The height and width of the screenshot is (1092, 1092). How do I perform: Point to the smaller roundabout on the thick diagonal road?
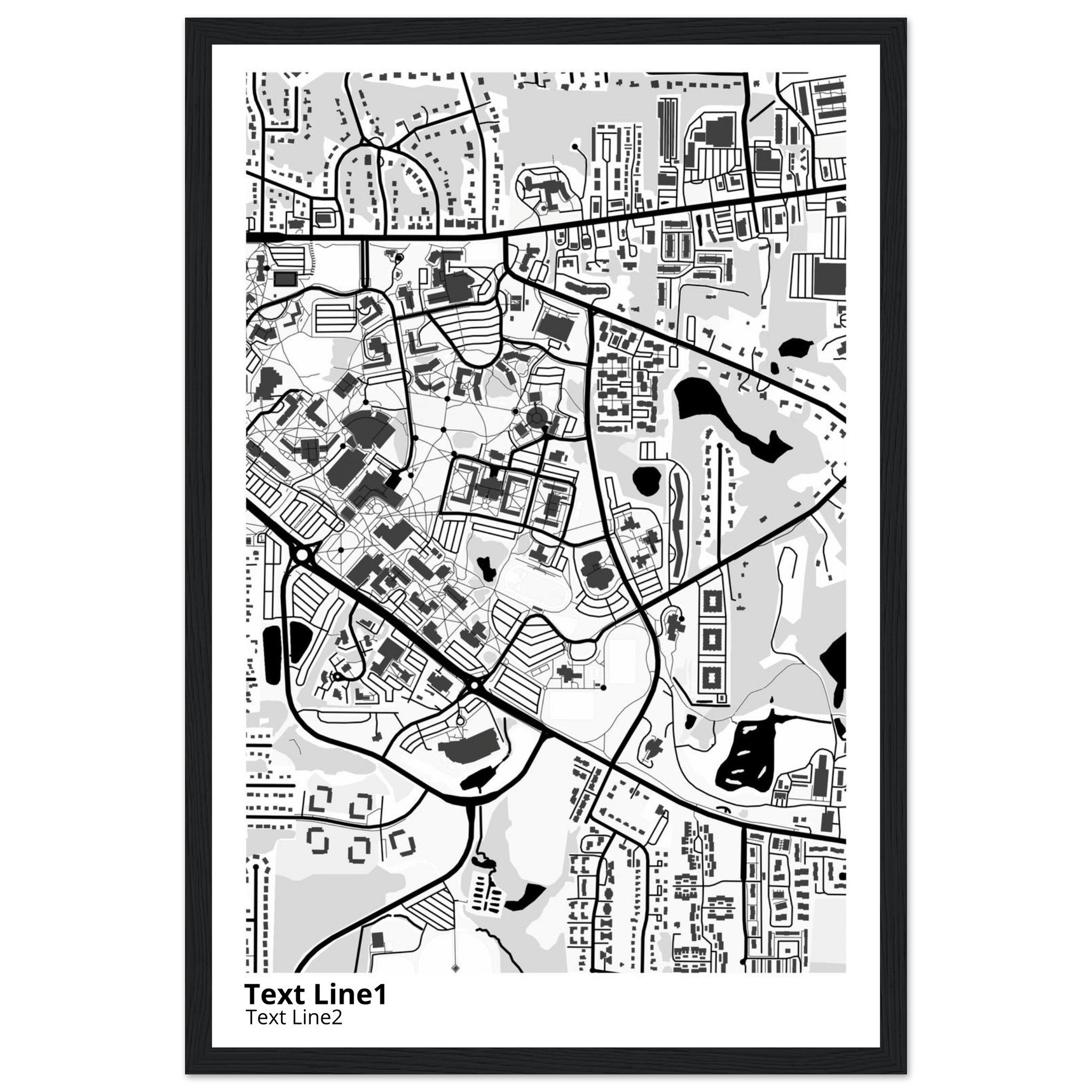point(473,686)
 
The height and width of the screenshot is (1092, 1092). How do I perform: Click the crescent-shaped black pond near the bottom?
point(525,912)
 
